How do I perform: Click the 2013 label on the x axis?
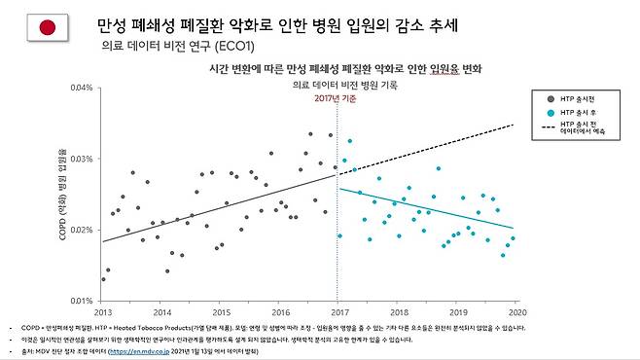[102, 312]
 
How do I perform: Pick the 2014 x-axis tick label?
[161, 312]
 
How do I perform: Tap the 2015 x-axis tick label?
[222, 312]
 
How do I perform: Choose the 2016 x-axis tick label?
[280, 312]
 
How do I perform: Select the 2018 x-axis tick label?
[398, 312]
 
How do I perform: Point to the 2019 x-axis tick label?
[456, 312]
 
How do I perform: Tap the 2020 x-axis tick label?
[516, 312]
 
